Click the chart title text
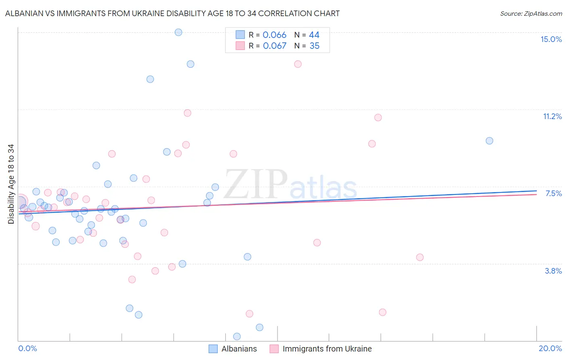[172, 13]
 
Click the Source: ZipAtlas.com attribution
[531, 14]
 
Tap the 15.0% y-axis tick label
[551, 39]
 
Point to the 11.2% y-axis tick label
[552, 116]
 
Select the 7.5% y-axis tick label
[553, 193]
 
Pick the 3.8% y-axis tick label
[553, 271]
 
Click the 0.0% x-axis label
[27, 348]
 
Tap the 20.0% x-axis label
[550, 348]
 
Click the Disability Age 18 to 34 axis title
[11, 184]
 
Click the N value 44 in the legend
[314, 35]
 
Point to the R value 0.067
[275, 46]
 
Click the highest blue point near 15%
[178, 32]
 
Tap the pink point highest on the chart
[298, 64]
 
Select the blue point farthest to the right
[490, 141]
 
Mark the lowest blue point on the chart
[237, 337]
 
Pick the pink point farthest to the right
[420, 257]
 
